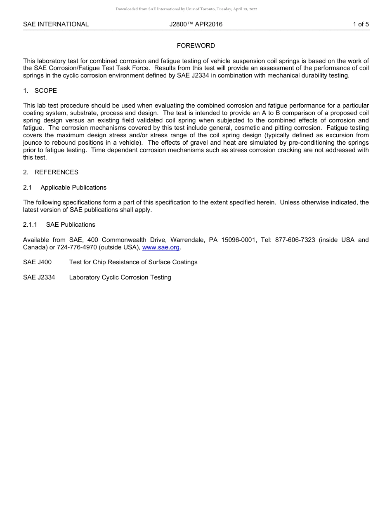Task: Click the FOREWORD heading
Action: click(196, 46)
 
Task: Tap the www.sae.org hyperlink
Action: click(161, 247)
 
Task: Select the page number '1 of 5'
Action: click(361, 24)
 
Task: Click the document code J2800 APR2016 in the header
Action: click(196, 24)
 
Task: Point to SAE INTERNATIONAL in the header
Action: click(56, 24)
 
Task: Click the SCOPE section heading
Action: click(45, 91)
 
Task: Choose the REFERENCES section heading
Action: click(56, 172)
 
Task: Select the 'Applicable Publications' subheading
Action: click(73, 188)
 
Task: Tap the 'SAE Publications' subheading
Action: click(71, 225)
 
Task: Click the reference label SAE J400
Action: click(38, 262)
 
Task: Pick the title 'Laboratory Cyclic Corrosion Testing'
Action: click(120, 277)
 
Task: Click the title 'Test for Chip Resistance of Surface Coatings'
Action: click(133, 262)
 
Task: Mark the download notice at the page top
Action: click(186, 9)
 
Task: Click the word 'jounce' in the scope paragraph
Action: click(33, 143)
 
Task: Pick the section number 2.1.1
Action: click(30, 225)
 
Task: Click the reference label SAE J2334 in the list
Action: click(39, 277)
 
